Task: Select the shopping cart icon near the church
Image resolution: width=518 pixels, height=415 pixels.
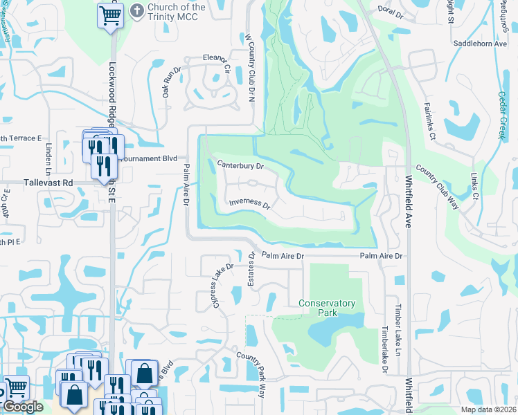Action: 110,15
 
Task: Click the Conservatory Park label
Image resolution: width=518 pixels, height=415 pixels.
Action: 327,308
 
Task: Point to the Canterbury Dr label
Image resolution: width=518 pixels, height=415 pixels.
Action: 240,166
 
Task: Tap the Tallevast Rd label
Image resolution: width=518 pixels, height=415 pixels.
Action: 48,183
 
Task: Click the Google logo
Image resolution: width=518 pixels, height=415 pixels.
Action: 23,407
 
